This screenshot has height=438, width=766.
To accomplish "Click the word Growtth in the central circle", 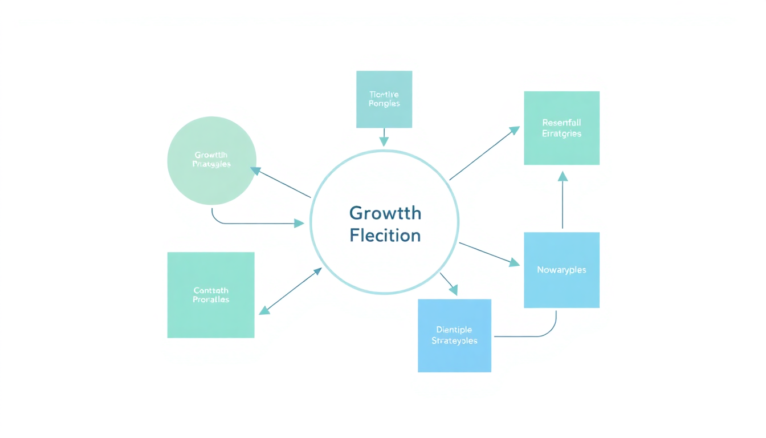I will pyautogui.click(x=385, y=214).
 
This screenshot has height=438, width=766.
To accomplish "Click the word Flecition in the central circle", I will pyautogui.click(x=385, y=235).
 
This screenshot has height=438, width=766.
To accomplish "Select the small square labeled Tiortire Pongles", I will pyautogui.click(x=384, y=99).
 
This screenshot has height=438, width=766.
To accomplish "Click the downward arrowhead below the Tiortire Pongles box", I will pyautogui.click(x=384, y=141).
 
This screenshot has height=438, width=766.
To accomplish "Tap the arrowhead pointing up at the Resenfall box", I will pyautogui.click(x=563, y=176).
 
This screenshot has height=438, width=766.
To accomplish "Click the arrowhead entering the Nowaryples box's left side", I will pyautogui.click(x=514, y=263).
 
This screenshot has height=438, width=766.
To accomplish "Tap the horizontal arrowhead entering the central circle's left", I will pyautogui.click(x=299, y=224).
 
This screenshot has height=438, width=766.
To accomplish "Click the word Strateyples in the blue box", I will pyautogui.click(x=454, y=340).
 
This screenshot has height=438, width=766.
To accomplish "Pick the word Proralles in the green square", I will pyautogui.click(x=210, y=299).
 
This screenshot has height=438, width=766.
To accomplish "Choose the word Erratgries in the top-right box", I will pyautogui.click(x=561, y=133).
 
